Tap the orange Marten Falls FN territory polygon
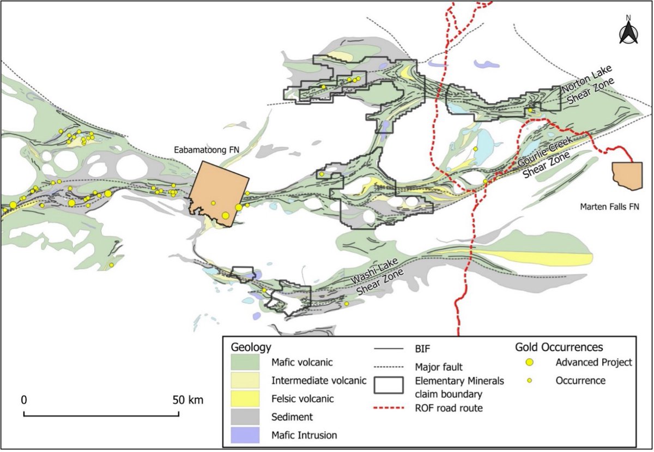point(627,175)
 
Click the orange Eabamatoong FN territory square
point(218,191)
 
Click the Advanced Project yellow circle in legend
point(529,363)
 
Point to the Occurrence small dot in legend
point(529,381)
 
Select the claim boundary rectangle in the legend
point(389,385)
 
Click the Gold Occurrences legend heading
point(559,347)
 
